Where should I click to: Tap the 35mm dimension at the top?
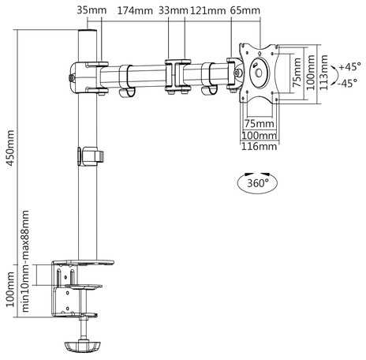[x=91, y=10]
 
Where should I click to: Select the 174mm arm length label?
[x=135, y=10]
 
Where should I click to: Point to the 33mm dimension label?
[x=174, y=10]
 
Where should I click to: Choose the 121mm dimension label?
[x=208, y=10]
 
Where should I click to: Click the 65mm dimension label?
[x=245, y=10]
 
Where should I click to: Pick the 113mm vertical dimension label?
[x=324, y=73]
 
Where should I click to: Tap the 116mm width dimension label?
[x=259, y=147]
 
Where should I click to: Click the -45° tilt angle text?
[x=348, y=83]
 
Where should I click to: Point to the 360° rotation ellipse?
[x=257, y=182]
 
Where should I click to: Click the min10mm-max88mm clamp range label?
[x=25, y=261]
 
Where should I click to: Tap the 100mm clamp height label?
[x=10, y=290]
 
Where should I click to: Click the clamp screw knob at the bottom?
[x=82, y=346]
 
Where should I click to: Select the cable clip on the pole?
[x=91, y=156]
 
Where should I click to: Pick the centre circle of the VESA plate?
[x=259, y=73]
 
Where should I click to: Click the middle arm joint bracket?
[x=177, y=77]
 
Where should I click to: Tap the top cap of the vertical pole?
[x=88, y=34]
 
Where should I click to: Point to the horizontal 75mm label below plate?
[x=260, y=123]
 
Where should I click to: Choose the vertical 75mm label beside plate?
[x=297, y=73]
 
